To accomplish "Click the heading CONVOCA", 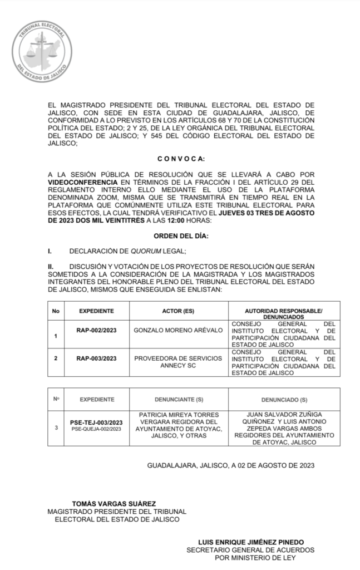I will point(181,159).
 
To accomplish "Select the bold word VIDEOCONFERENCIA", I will point(82,182).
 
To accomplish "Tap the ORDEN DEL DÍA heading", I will point(181,236).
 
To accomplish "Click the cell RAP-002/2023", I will point(96,330).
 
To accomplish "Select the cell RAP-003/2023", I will point(96,358).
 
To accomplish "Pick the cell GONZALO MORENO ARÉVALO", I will point(179,330).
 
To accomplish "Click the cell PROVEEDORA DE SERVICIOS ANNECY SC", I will point(179,362).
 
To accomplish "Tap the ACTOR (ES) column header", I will point(179,311).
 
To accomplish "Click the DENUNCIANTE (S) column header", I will point(179,400).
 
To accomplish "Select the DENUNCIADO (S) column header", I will point(284,400).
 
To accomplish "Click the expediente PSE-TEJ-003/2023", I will point(96,423).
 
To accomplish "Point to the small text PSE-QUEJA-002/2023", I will point(96,430).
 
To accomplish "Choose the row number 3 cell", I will point(56,427).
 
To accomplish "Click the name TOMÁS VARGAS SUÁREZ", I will point(114,503).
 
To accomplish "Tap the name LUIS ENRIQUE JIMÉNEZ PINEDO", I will point(251,542).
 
